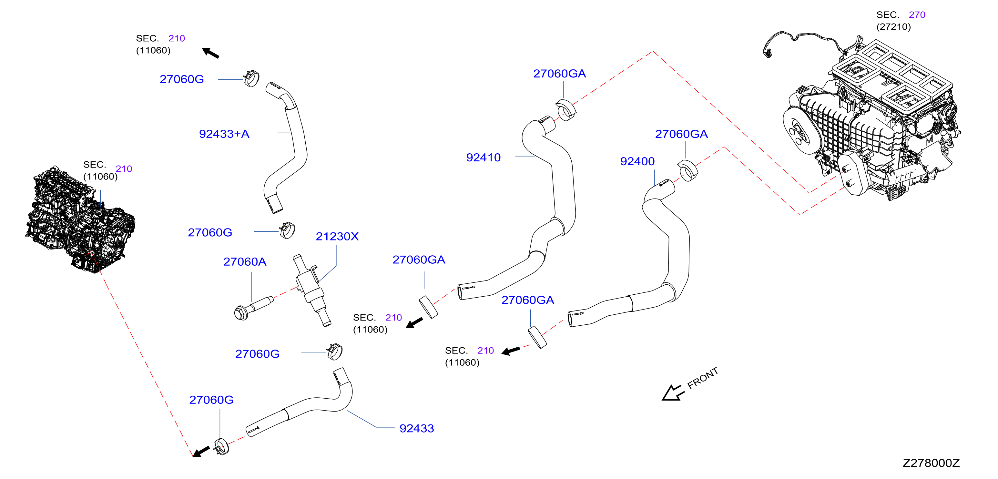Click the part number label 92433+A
224,134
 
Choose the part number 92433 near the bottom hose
416,428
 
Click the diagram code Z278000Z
931,463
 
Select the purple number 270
917,15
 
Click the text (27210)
893,27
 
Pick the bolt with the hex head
253,309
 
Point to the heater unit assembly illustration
872,120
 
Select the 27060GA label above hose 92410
559,74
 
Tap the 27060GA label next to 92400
681,134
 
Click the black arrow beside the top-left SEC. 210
211,53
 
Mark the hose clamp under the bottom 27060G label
221,446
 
